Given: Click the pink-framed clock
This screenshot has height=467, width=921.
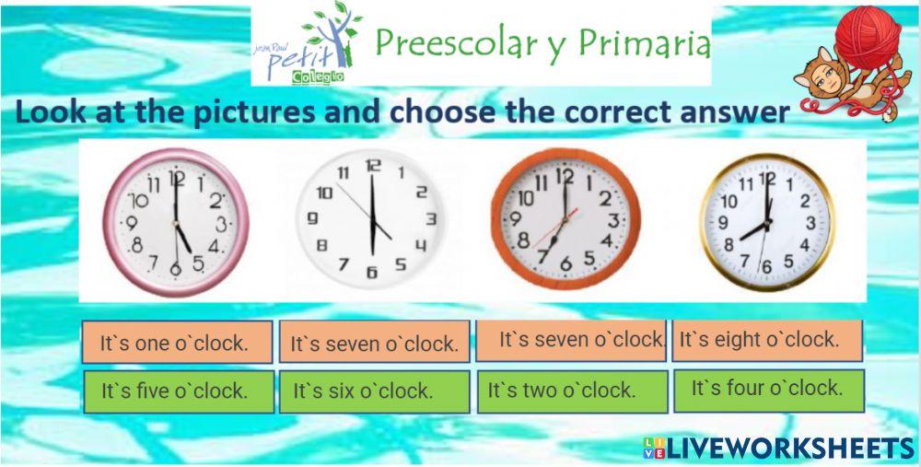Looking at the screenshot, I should point(176,222).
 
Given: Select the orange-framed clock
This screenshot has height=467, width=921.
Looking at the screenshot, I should point(565,218).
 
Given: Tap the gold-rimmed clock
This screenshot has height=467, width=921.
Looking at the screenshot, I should point(766,222).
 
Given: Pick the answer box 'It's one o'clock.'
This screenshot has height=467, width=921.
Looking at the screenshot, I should point(177,343).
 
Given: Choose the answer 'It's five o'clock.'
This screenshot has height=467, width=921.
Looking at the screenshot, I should point(178,391).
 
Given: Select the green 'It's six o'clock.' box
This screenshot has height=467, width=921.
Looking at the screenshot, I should point(374,391).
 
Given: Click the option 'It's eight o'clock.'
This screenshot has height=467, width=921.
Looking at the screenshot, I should point(766,340).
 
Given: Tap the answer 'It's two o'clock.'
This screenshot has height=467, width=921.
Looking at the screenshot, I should point(571,391).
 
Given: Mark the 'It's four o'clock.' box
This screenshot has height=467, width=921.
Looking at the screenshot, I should point(769,389).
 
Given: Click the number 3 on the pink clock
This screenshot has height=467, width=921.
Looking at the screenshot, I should point(222,224).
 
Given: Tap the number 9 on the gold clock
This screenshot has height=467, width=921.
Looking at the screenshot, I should point(724,223).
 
